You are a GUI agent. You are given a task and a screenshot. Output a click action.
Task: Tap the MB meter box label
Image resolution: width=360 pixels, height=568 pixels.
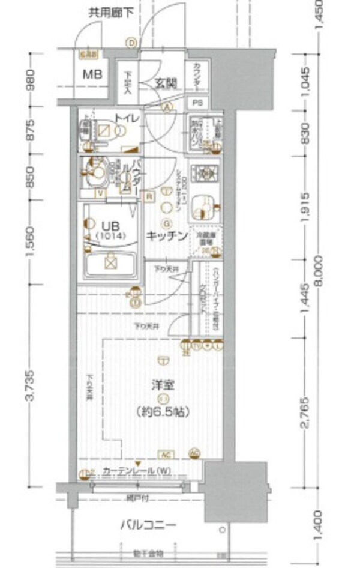pos(92,75)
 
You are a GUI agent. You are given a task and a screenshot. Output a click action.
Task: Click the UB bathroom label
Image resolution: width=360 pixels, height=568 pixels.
pos(110,225)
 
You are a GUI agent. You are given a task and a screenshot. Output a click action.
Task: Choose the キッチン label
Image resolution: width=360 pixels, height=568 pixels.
pos(168,236)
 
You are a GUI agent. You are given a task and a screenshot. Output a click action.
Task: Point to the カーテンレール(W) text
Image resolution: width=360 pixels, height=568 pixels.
pos(130,470)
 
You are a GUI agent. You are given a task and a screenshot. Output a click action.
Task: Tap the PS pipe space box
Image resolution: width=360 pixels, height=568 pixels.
pos(198,103)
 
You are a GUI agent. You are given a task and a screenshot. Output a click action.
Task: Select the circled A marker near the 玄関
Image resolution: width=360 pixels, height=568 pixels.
pos(168,107)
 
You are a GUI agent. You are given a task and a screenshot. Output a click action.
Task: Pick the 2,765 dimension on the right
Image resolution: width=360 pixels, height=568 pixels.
pos(305,413)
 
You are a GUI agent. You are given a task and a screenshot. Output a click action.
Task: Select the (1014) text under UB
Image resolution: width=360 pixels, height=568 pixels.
pos(110,236)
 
